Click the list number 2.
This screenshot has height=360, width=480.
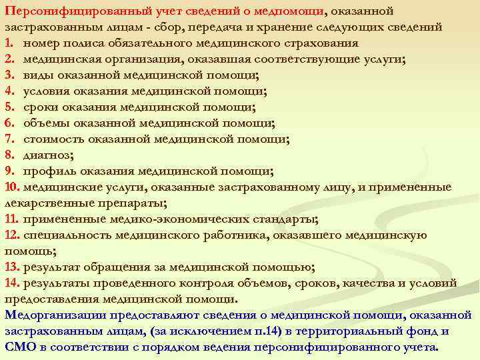[x=9, y=59]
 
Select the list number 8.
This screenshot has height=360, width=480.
[x=9, y=155]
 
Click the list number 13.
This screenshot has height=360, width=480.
[x=13, y=267]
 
